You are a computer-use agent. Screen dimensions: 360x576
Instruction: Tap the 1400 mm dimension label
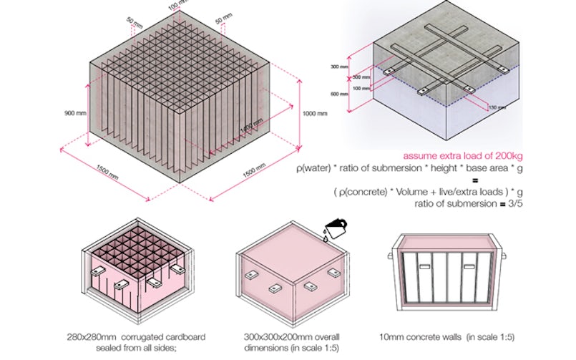248,131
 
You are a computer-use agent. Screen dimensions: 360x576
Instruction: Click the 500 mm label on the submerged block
362,77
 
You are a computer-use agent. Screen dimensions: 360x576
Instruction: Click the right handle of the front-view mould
505,255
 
